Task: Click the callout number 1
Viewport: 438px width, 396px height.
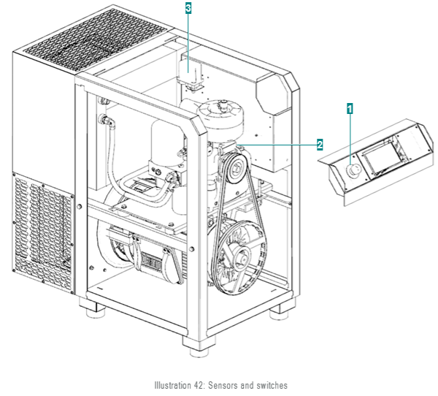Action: [x=350, y=108]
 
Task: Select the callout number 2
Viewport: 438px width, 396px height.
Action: [x=319, y=145]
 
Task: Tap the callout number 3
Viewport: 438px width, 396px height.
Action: [x=188, y=8]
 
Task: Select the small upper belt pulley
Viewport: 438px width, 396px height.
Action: [x=234, y=171]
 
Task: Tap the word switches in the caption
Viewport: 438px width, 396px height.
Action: [x=272, y=384]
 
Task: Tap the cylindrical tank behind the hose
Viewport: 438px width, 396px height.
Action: [x=164, y=146]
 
